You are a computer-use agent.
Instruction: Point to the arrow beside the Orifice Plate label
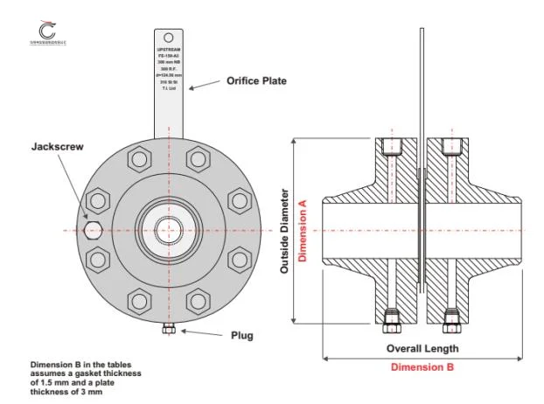[x=205, y=85]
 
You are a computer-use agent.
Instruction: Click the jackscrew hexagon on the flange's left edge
[x=94, y=230]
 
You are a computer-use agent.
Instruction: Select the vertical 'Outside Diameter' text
[x=285, y=230]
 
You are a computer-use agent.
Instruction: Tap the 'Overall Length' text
[x=423, y=348]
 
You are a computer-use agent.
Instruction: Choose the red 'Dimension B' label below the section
[x=423, y=368]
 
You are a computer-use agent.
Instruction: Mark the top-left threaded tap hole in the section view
[x=392, y=148]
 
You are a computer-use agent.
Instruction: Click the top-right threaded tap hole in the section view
[x=451, y=148]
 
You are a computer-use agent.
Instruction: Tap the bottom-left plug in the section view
[x=392, y=319]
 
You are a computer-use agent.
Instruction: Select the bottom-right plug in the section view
[x=451, y=319]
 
